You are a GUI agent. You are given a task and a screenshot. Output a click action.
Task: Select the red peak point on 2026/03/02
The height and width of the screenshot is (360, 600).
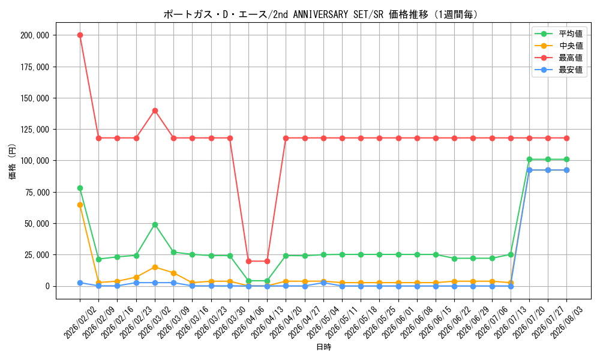click(x=155, y=110)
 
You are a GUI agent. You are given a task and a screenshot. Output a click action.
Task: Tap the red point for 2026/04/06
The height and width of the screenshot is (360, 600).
click(x=249, y=261)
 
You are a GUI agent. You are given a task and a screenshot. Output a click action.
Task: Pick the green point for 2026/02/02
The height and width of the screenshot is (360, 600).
click(x=80, y=188)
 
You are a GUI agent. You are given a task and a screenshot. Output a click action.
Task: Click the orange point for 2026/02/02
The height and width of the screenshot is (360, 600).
click(x=80, y=205)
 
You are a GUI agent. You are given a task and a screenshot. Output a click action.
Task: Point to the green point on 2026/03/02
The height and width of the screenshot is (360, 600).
click(x=155, y=224)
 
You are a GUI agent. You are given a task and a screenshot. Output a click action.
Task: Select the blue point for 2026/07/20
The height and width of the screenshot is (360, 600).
click(x=530, y=170)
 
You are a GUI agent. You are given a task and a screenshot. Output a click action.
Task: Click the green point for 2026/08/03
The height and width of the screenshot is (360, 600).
click(x=567, y=159)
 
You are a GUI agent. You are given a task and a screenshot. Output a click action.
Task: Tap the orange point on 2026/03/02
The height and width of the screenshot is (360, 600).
click(x=155, y=267)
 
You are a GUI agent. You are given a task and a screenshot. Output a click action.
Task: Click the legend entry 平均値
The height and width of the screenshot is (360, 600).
click(x=559, y=34)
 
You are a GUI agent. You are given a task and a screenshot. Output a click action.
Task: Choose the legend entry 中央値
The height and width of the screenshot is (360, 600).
click(x=559, y=46)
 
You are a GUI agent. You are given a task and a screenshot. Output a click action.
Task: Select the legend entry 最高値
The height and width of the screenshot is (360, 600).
click(x=559, y=58)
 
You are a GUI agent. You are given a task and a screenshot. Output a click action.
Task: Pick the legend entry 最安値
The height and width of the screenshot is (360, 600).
click(x=559, y=70)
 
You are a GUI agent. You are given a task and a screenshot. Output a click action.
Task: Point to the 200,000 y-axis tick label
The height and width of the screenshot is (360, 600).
click(x=35, y=35)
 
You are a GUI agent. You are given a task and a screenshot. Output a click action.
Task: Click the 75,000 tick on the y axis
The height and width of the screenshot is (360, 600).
click(x=37, y=193)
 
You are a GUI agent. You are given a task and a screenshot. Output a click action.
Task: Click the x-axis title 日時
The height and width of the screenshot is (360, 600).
click(x=323, y=347)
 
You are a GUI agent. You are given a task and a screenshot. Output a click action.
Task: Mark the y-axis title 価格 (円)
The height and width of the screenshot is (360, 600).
click(x=12, y=161)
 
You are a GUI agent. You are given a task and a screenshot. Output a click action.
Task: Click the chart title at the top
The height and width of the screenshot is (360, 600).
click(x=320, y=14)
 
